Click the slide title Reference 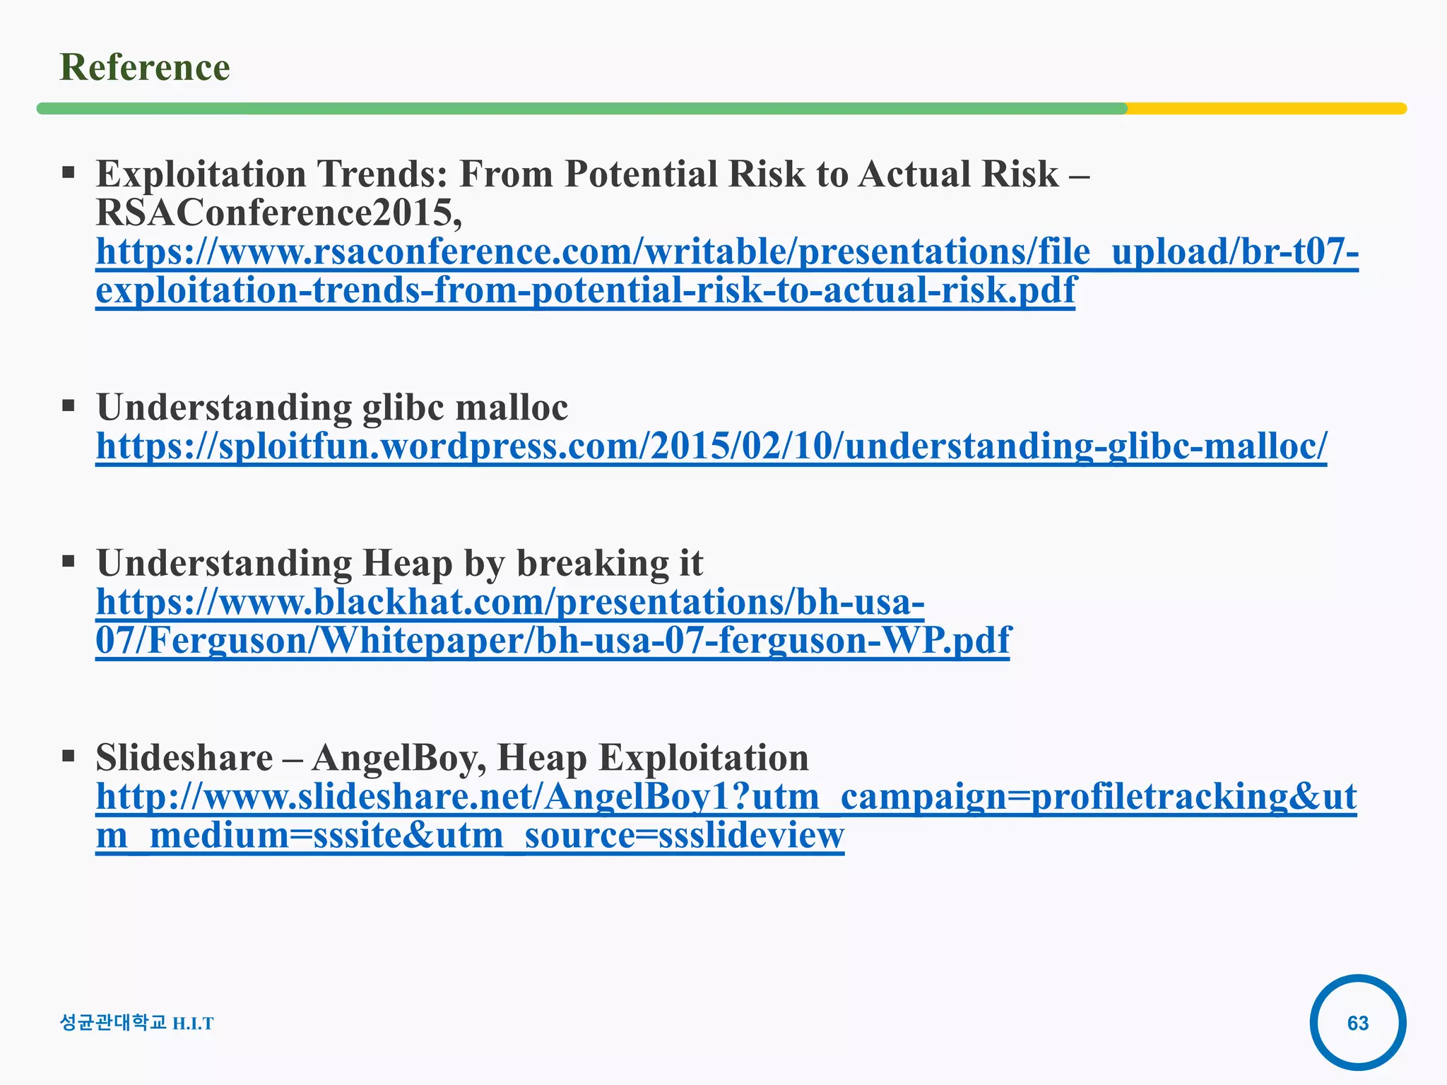point(145,68)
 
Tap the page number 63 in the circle point(1357,1023)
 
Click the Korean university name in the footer point(113,1022)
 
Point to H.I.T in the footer point(193,1024)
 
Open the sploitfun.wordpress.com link point(711,446)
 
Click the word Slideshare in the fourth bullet point(184,758)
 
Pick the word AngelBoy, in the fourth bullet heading point(398,758)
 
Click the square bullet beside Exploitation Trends point(69,172)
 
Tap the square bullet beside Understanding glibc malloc point(69,406)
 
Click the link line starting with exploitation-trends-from point(585,290)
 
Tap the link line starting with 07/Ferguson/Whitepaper point(553,641)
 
